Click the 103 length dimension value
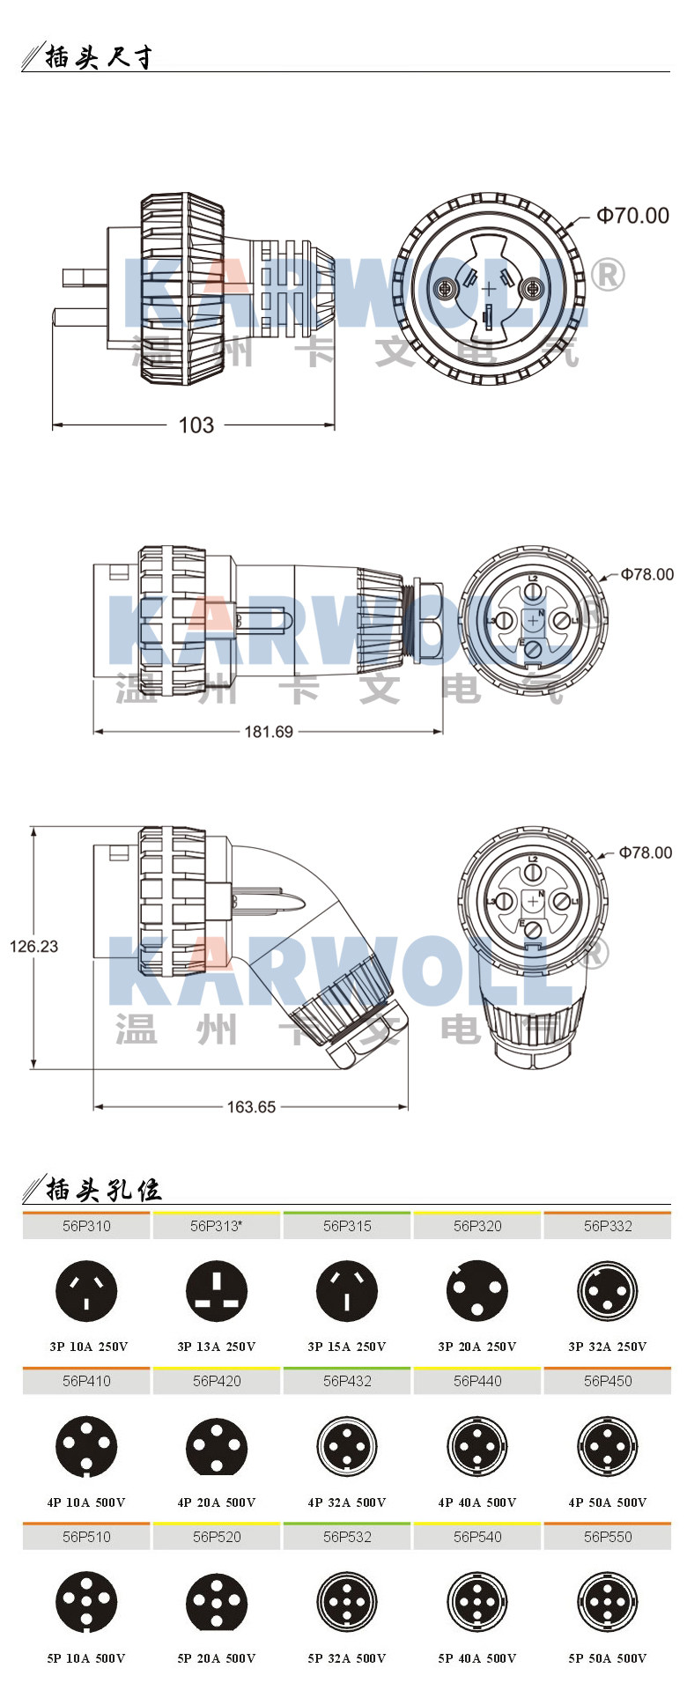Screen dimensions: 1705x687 [196, 425]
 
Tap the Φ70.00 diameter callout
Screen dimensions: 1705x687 [632, 216]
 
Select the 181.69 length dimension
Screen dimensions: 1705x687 [269, 732]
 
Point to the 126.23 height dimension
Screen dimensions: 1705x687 [33, 946]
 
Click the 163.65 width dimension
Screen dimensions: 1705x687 [251, 1107]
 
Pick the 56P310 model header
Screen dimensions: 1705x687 [86, 1226]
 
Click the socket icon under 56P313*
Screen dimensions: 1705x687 [217, 1291]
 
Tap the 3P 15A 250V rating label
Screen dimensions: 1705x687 [347, 1347]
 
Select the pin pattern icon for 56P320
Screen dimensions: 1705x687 [477, 1291]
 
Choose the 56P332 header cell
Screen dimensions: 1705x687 [608, 1226]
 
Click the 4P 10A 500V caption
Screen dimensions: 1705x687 [86, 1502]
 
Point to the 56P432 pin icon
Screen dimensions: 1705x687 [347, 1446]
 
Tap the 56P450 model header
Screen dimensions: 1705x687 [608, 1381]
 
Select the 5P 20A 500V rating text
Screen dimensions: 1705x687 [217, 1658]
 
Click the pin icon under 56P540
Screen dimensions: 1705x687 [477, 1602]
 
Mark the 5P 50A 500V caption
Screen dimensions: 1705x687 [608, 1658]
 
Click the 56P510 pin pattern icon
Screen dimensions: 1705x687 [86, 1602]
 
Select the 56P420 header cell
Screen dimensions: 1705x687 [217, 1381]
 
